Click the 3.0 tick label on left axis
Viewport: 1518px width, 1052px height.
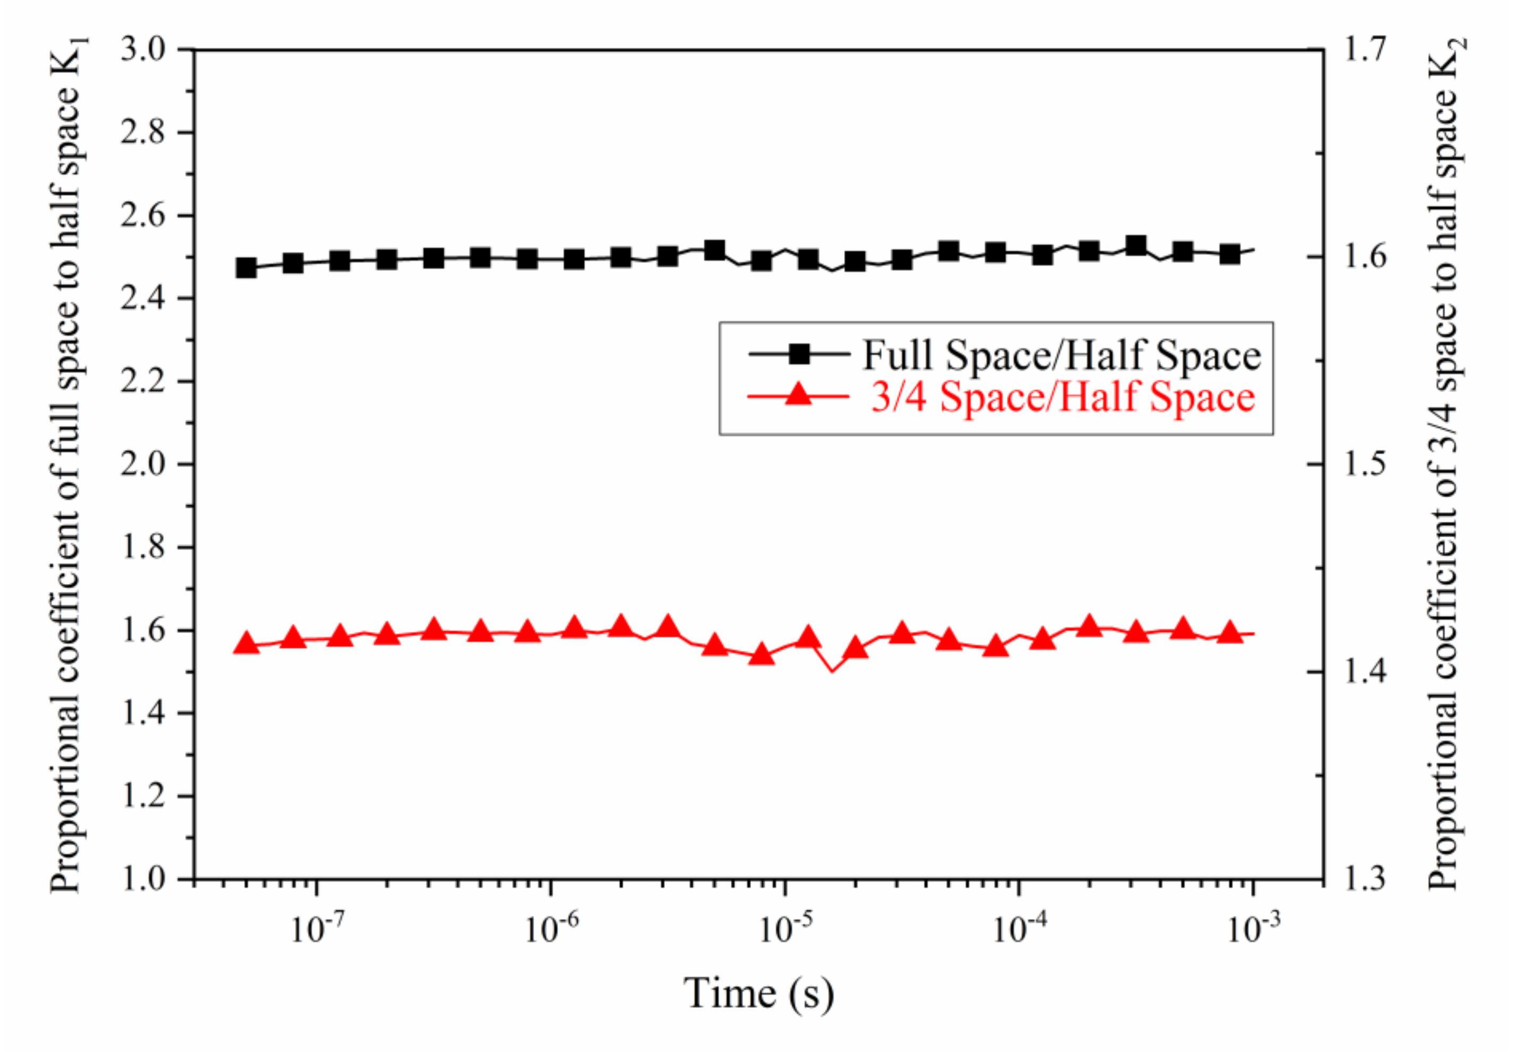click(143, 50)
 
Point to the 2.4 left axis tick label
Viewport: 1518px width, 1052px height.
click(143, 299)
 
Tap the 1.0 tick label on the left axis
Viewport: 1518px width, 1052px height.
click(143, 879)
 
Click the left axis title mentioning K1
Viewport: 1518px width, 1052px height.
click(68, 465)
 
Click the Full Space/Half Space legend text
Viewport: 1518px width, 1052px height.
click(1061, 355)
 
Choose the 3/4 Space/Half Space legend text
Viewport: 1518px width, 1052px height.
click(1062, 397)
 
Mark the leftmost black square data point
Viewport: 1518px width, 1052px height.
click(246, 268)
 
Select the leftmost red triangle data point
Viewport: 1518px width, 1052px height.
click(246, 643)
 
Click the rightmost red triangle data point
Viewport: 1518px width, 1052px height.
click(1230, 633)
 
